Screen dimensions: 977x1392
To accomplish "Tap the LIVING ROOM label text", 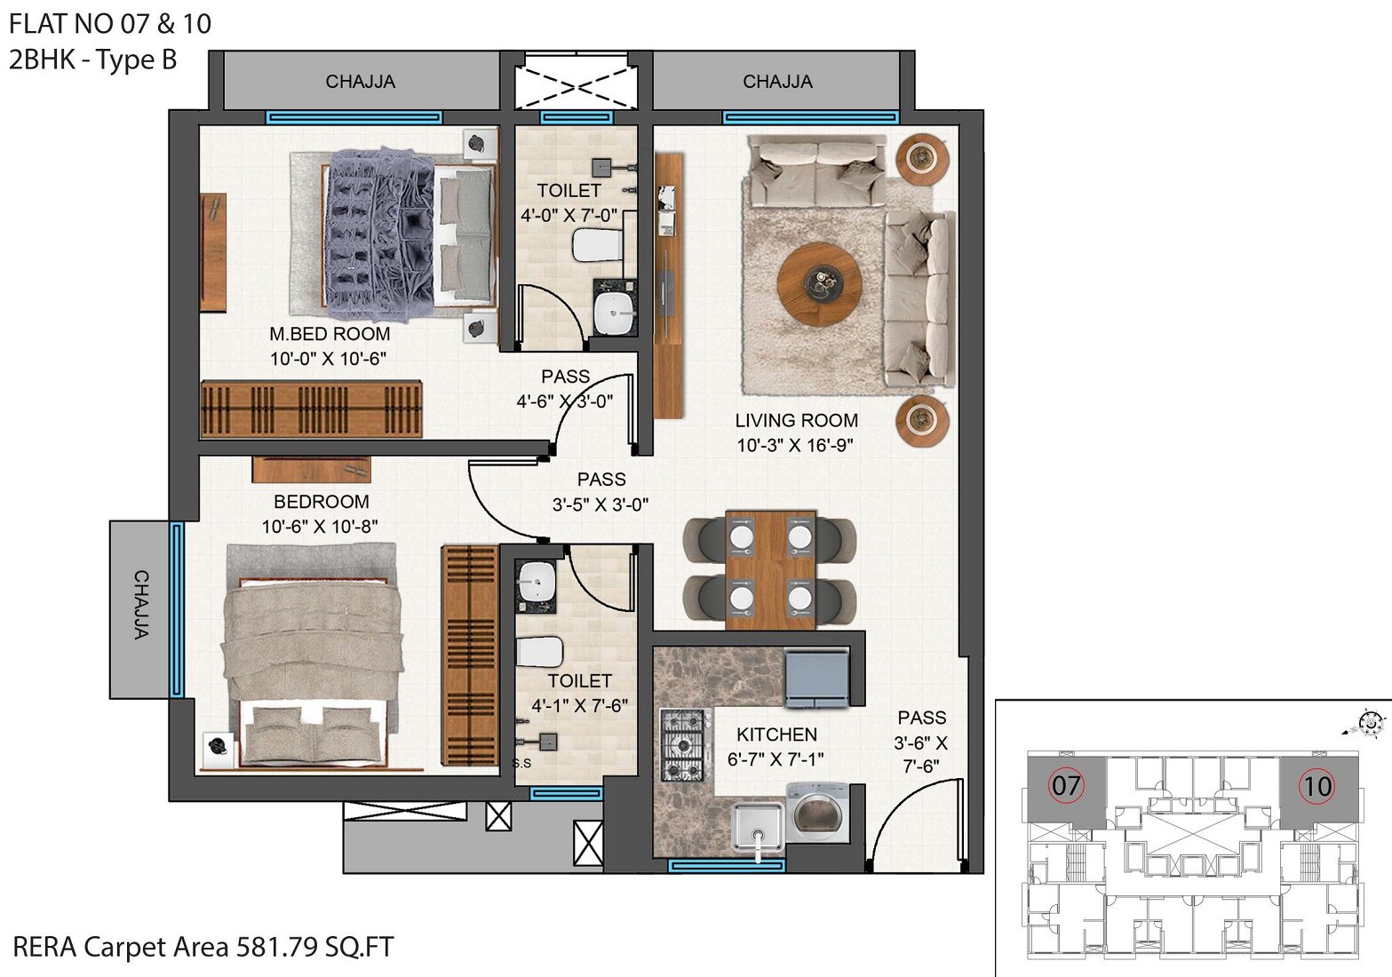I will point(796,420).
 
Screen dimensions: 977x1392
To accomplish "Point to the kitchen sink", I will point(758,827).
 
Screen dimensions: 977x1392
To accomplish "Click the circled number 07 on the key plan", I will point(1066,785).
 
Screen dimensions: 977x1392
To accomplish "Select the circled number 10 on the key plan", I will point(1316,785).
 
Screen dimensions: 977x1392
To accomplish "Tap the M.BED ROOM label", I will point(330,334).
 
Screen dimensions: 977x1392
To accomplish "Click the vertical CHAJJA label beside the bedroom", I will point(140,605).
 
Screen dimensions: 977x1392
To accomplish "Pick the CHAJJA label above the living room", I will point(777,82).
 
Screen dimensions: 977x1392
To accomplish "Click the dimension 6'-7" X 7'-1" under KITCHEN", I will point(776,759).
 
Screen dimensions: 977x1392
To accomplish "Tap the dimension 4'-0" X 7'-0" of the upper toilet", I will point(568,215).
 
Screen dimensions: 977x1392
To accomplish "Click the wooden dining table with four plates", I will point(770,568).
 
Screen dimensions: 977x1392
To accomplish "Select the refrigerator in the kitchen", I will point(817,679).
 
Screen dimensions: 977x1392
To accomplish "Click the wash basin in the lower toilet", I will point(536,584).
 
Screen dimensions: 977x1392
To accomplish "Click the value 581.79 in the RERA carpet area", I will point(275,947).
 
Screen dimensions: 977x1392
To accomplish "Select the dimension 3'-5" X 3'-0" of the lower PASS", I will point(601,504).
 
